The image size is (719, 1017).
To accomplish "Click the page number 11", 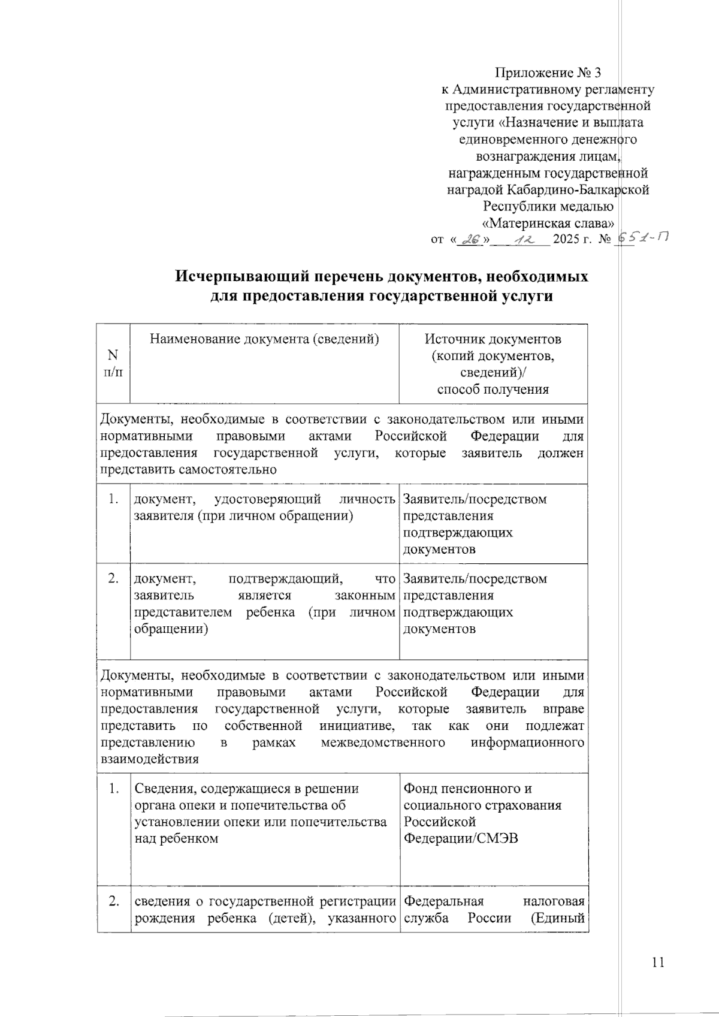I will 657,964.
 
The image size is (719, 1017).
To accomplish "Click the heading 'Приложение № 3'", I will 548,73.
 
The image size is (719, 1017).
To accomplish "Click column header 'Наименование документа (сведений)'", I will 264,339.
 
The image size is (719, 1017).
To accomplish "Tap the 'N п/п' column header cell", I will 113,363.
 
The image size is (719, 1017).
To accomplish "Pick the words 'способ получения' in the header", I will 493,390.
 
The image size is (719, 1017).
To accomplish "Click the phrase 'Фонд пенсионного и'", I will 467,789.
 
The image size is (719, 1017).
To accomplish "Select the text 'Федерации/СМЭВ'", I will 460,838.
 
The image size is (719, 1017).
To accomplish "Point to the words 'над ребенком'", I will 176,838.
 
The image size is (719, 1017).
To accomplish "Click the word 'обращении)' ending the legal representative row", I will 171,629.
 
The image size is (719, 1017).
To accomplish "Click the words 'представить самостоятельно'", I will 188,469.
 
